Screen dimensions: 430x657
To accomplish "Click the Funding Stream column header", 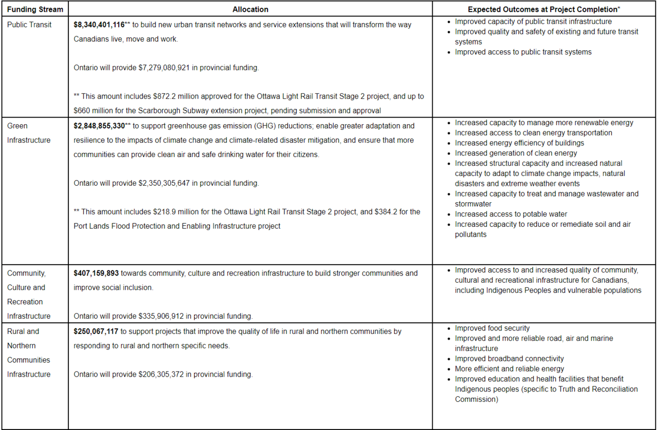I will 35,9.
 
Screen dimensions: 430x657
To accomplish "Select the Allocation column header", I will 250,9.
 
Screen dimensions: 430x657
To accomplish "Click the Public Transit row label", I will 29,25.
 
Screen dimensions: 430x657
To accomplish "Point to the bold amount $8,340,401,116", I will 99,25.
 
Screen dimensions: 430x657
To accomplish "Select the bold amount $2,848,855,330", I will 99,126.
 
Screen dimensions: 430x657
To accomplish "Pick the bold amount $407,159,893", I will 96,273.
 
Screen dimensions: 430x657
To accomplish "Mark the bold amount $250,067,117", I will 96,331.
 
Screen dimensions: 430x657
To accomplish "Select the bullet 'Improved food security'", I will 492,328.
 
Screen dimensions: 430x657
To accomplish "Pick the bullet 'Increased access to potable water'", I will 511,214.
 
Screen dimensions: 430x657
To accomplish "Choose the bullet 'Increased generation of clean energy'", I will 515,153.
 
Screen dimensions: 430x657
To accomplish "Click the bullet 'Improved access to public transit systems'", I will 523,52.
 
